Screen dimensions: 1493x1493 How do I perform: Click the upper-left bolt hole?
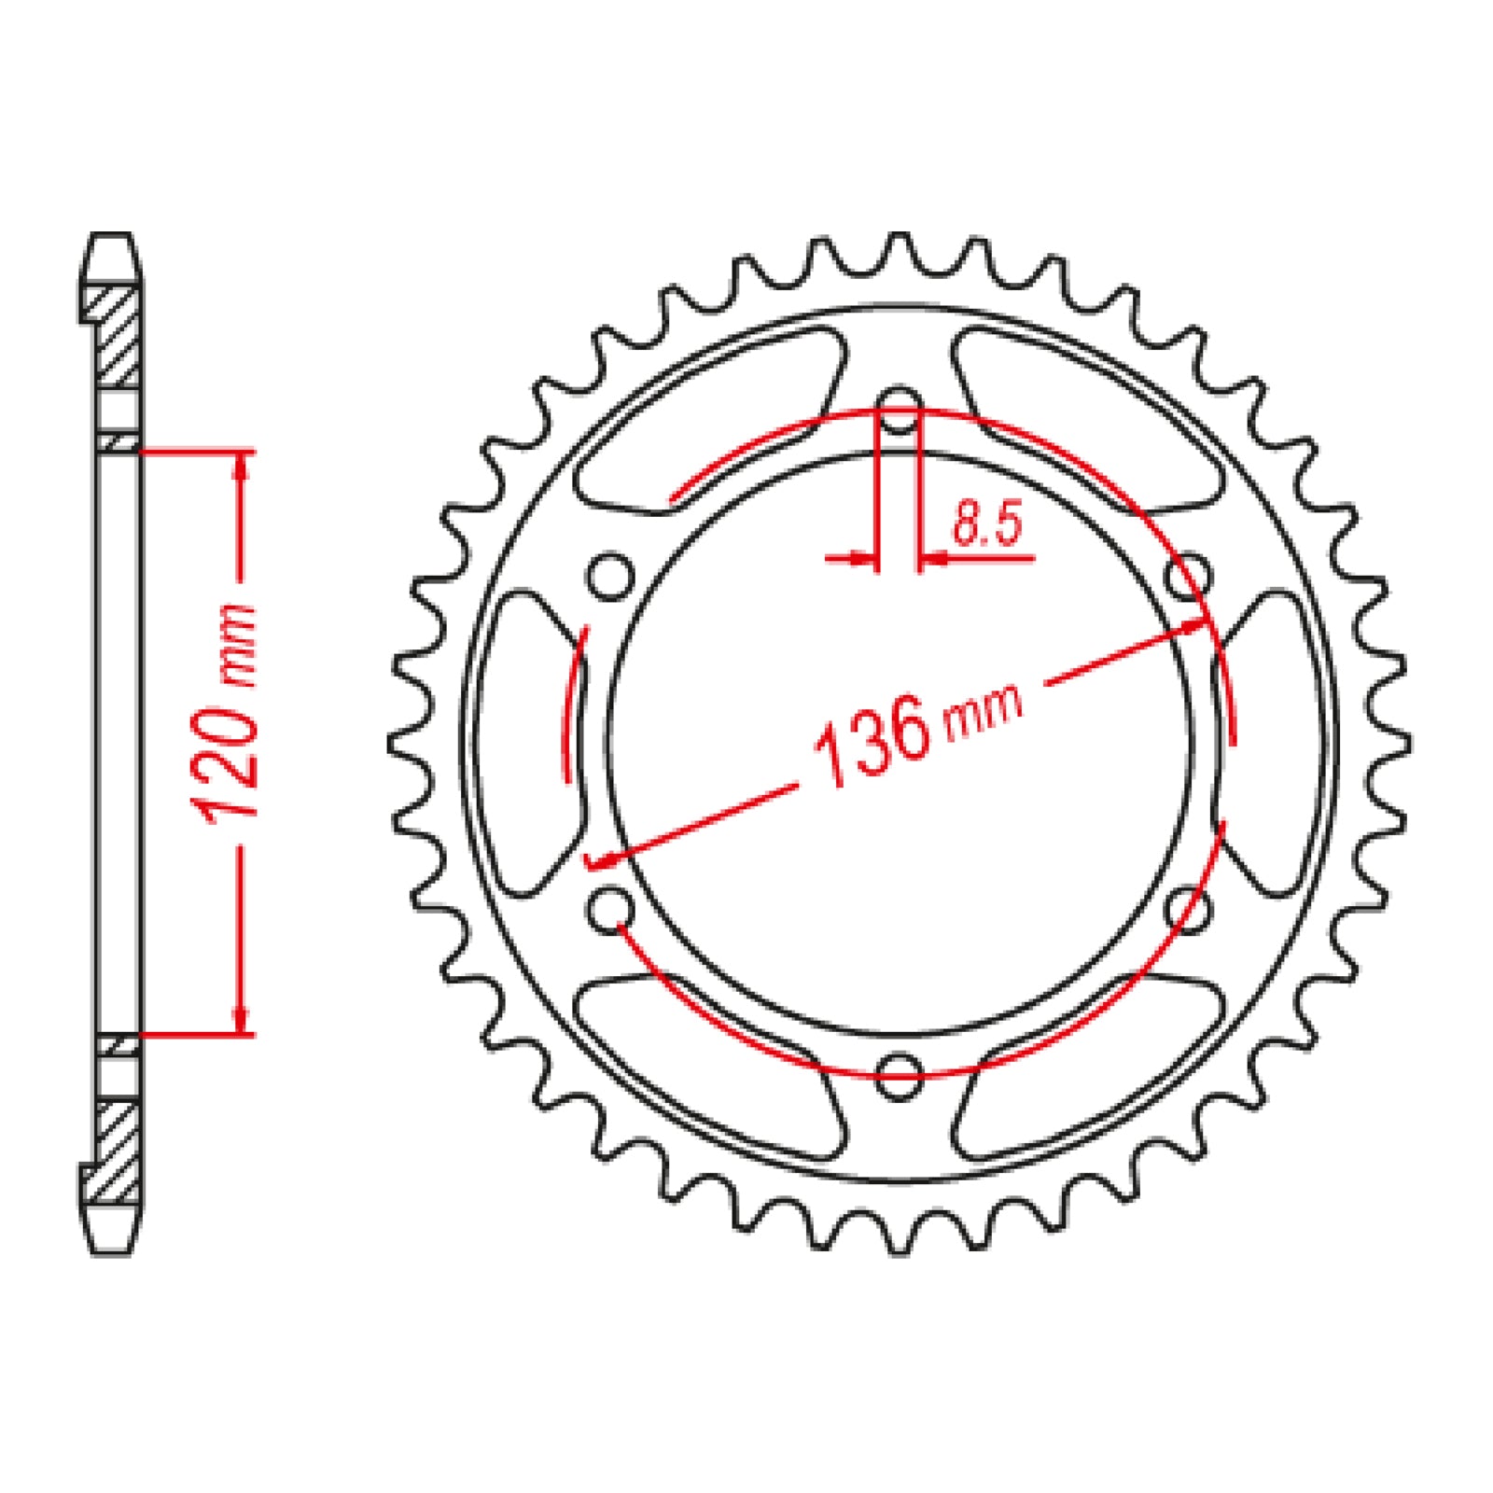pos(611,577)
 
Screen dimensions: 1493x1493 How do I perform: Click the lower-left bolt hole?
pos(611,908)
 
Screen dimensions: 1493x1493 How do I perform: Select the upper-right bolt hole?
pos(1188,577)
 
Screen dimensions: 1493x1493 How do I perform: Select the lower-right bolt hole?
pos(1188,908)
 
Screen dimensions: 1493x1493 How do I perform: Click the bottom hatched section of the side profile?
pos(119,1152)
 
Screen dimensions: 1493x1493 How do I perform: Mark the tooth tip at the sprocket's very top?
pos(899,237)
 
